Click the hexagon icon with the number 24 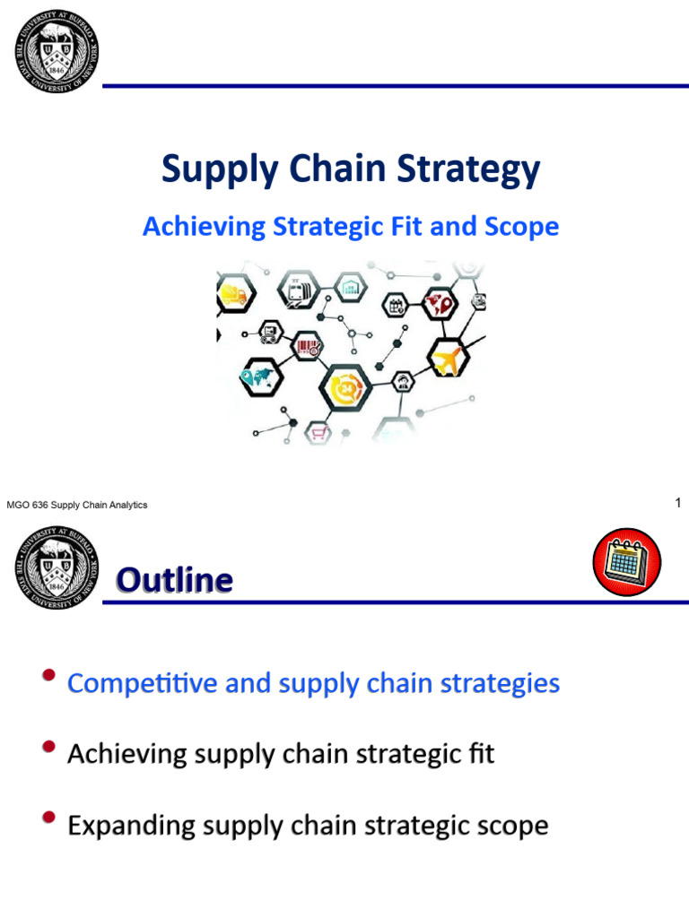coord(345,388)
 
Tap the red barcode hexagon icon coord(306,346)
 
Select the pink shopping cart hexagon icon coord(319,433)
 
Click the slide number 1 coord(678,504)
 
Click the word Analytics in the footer coord(128,506)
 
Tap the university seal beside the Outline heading coord(57,568)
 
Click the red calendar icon coord(626,561)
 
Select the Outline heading coord(174,581)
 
